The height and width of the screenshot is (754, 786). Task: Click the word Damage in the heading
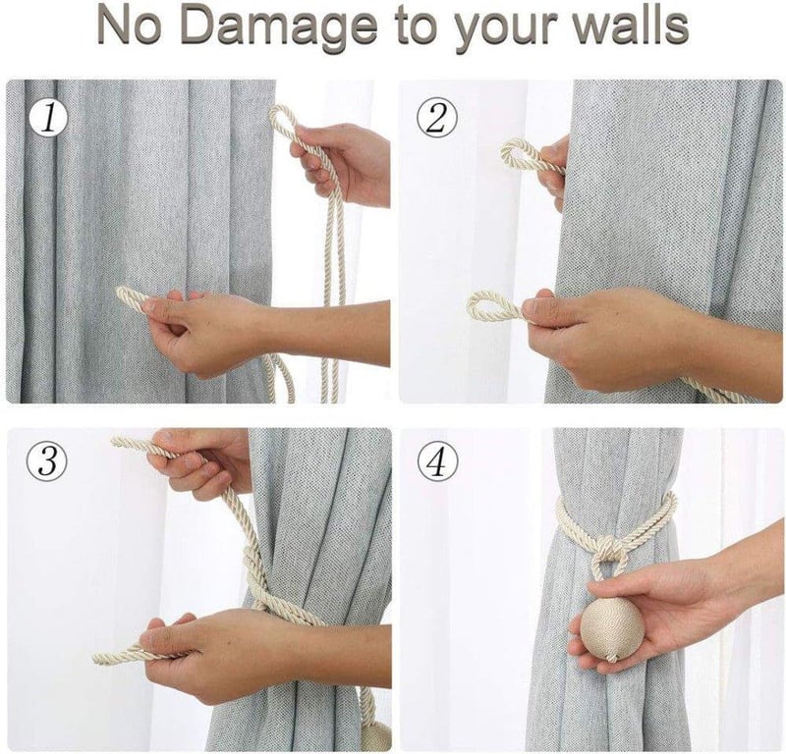[279, 26]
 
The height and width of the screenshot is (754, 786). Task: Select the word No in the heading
[131, 26]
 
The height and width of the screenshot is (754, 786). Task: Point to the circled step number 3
[46, 461]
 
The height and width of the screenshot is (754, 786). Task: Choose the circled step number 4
[437, 461]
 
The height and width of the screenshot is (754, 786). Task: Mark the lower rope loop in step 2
[495, 306]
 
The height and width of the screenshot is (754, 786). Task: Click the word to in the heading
[418, 27]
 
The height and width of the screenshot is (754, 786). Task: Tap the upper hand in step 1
[341, 160]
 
